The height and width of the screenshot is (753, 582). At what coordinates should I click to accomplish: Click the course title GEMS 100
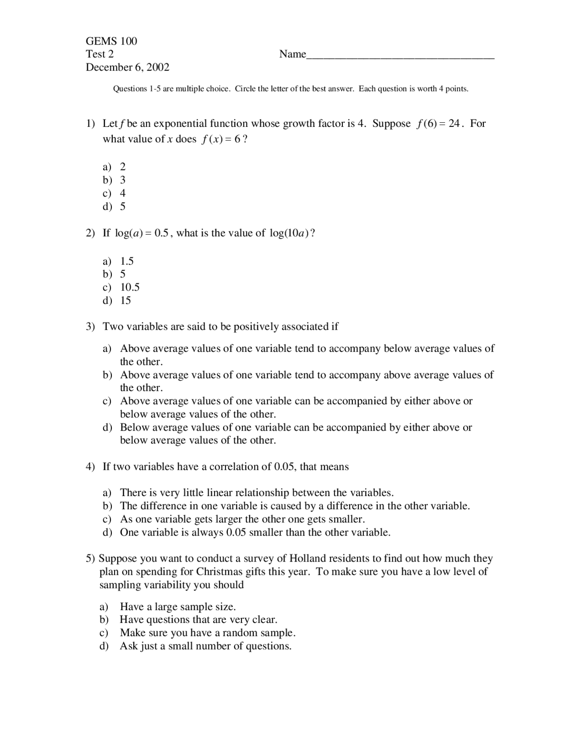(111, 41)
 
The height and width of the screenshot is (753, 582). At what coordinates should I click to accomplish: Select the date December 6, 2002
(127, 67)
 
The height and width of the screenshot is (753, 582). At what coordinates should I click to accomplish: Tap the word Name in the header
(292, 54)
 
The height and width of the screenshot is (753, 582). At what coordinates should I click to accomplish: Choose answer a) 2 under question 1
(114, 166)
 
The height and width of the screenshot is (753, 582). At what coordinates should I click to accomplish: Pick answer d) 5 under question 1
(114, 206)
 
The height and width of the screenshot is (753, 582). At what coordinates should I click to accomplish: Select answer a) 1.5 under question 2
(118, 261)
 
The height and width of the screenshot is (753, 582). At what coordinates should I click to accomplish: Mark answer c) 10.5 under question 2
(121, 287)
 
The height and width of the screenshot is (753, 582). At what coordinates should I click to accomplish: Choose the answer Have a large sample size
(177, 607)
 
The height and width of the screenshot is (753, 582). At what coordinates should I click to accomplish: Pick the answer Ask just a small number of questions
(206, 646)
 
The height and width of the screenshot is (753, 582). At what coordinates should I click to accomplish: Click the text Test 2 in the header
(100, 54)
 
